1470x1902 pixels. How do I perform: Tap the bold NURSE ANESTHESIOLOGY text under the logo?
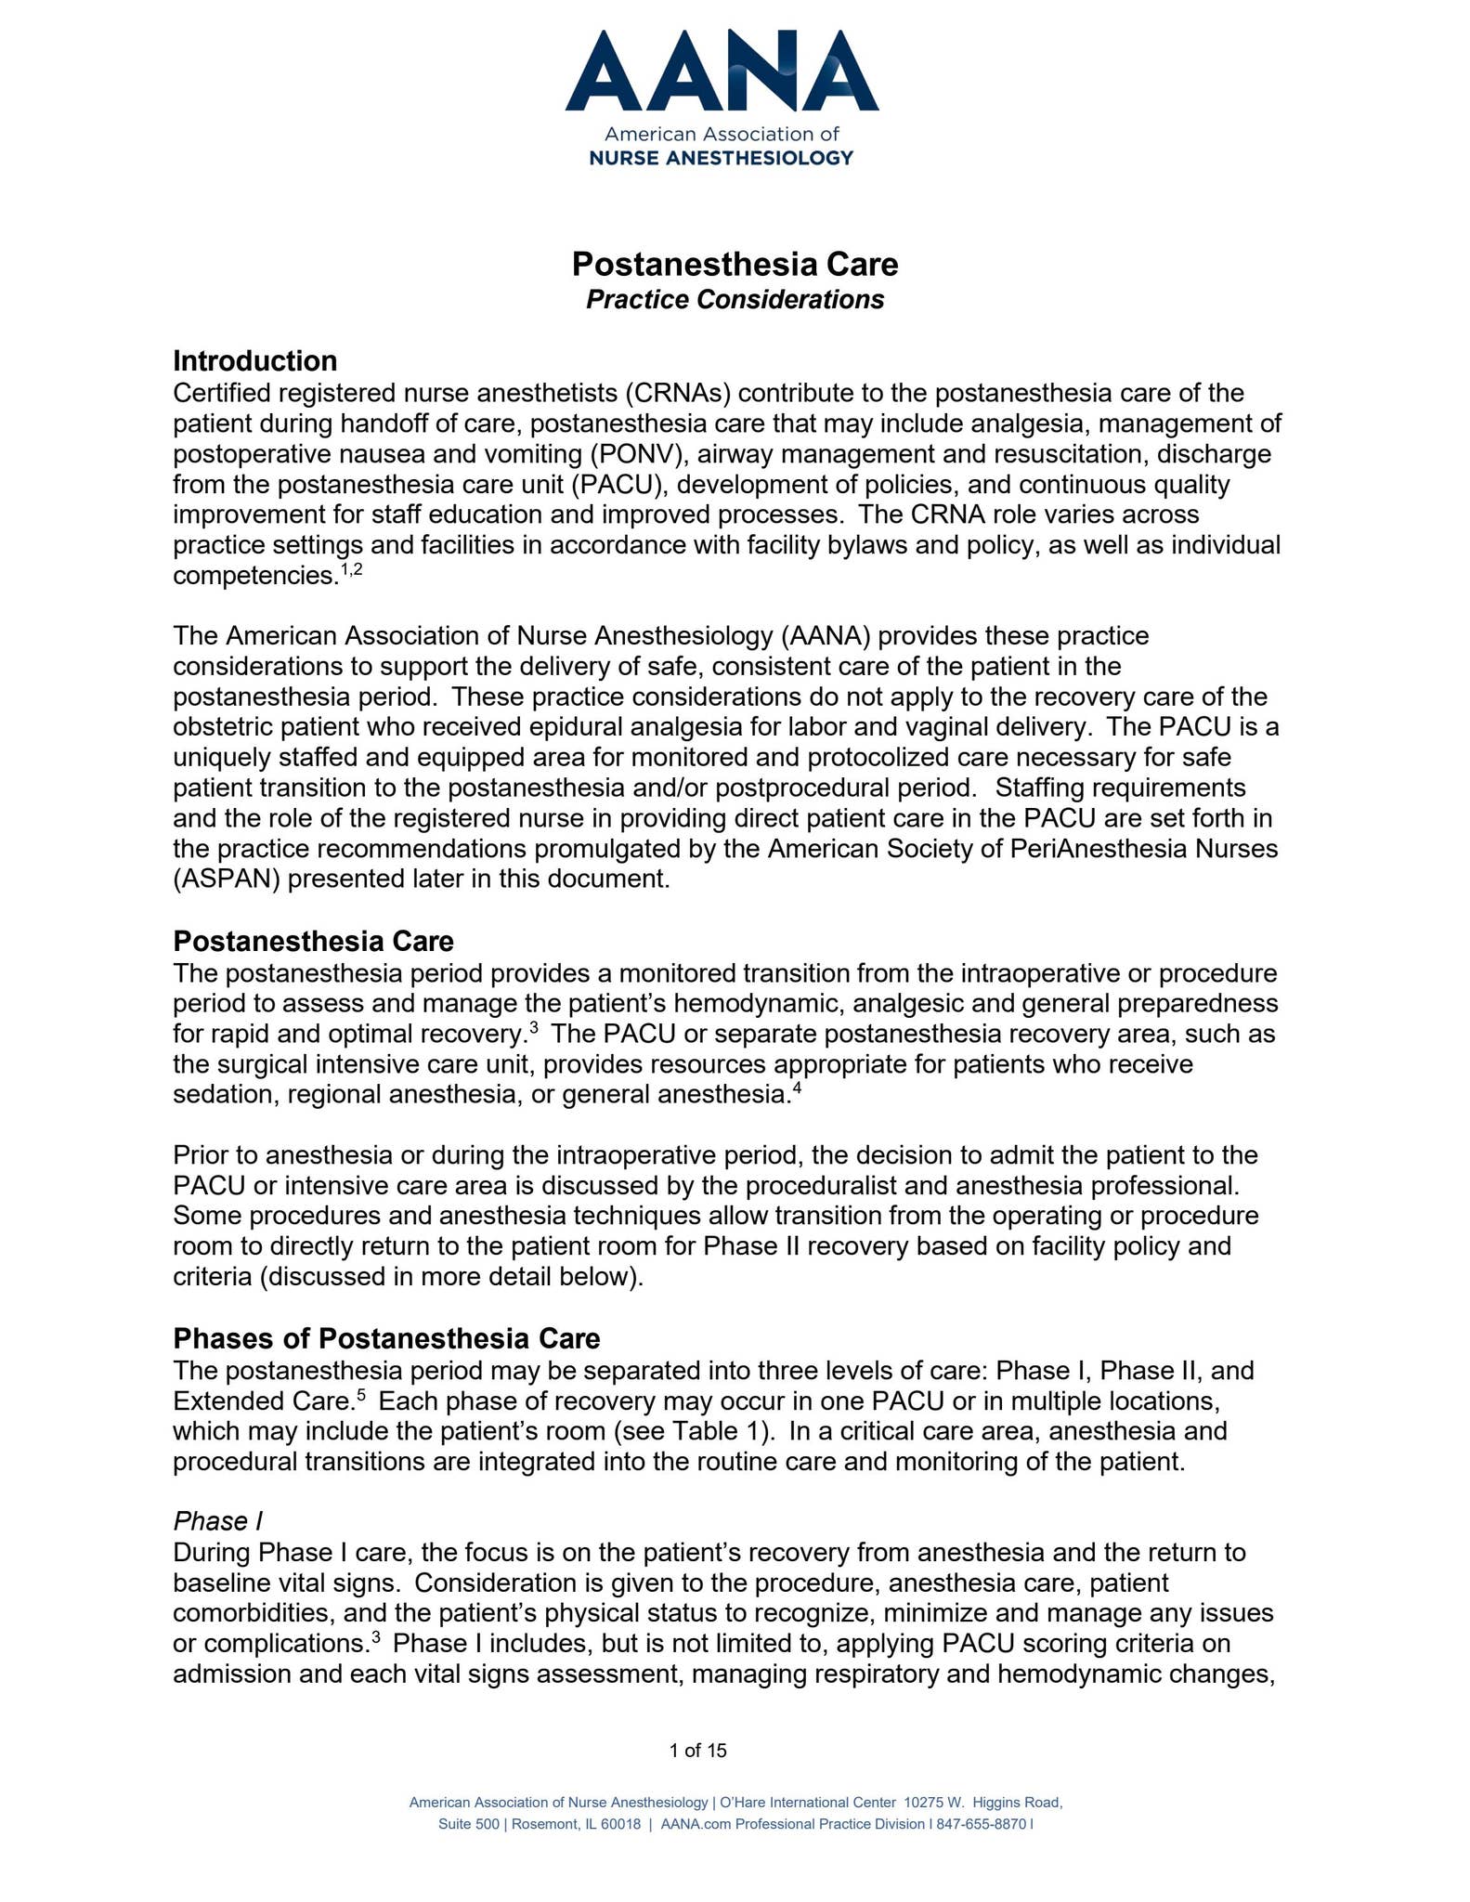pyautogui.click(x=722, y=158)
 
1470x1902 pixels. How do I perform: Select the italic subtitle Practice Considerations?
pyautogui.click(x=735, y=300)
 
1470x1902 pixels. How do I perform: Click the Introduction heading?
pyautogui.click(x=255, y=360)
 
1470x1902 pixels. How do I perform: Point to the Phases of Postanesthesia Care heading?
pyautogui.click(x=386, y=1338)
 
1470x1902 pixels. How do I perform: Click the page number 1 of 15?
pyautogui.click(x=697, y=1751)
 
